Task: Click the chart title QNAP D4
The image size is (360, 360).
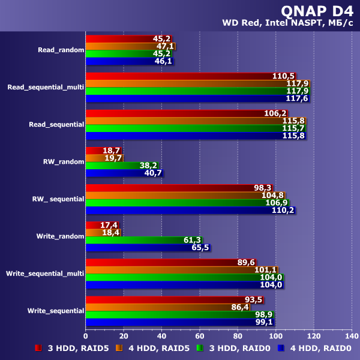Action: (316, 11)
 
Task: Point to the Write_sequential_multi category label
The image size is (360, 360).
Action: (45, 274)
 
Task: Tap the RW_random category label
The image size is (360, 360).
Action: (64, 162)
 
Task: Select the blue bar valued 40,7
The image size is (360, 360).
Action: (124, 173)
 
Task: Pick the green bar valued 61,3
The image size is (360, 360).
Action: (144, 240)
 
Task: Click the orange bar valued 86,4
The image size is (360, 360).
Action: (167, 307)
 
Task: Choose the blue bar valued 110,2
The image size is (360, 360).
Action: (190, 210)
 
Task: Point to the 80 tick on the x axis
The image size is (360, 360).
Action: (237, 336)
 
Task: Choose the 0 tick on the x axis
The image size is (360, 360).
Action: (86, 336)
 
